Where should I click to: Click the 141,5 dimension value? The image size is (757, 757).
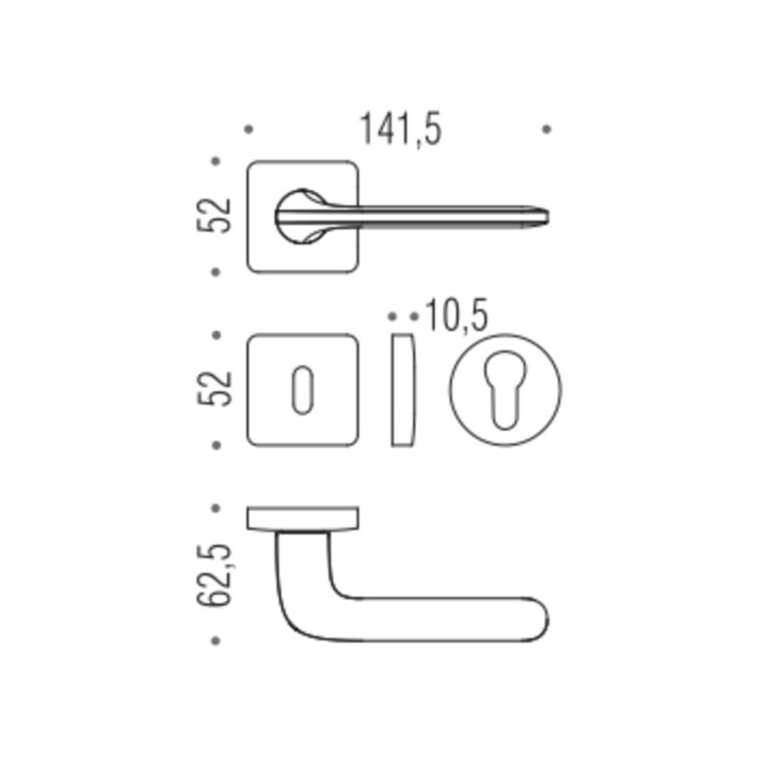400,129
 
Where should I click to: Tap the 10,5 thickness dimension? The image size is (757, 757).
456,315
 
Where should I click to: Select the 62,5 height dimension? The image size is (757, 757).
215,574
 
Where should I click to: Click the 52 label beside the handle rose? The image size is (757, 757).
215,216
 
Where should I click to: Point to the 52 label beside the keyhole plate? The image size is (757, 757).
215,389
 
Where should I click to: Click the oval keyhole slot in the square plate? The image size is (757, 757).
303,390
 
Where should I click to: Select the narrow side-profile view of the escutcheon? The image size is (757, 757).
403,390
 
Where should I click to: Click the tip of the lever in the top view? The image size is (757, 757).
548,217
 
